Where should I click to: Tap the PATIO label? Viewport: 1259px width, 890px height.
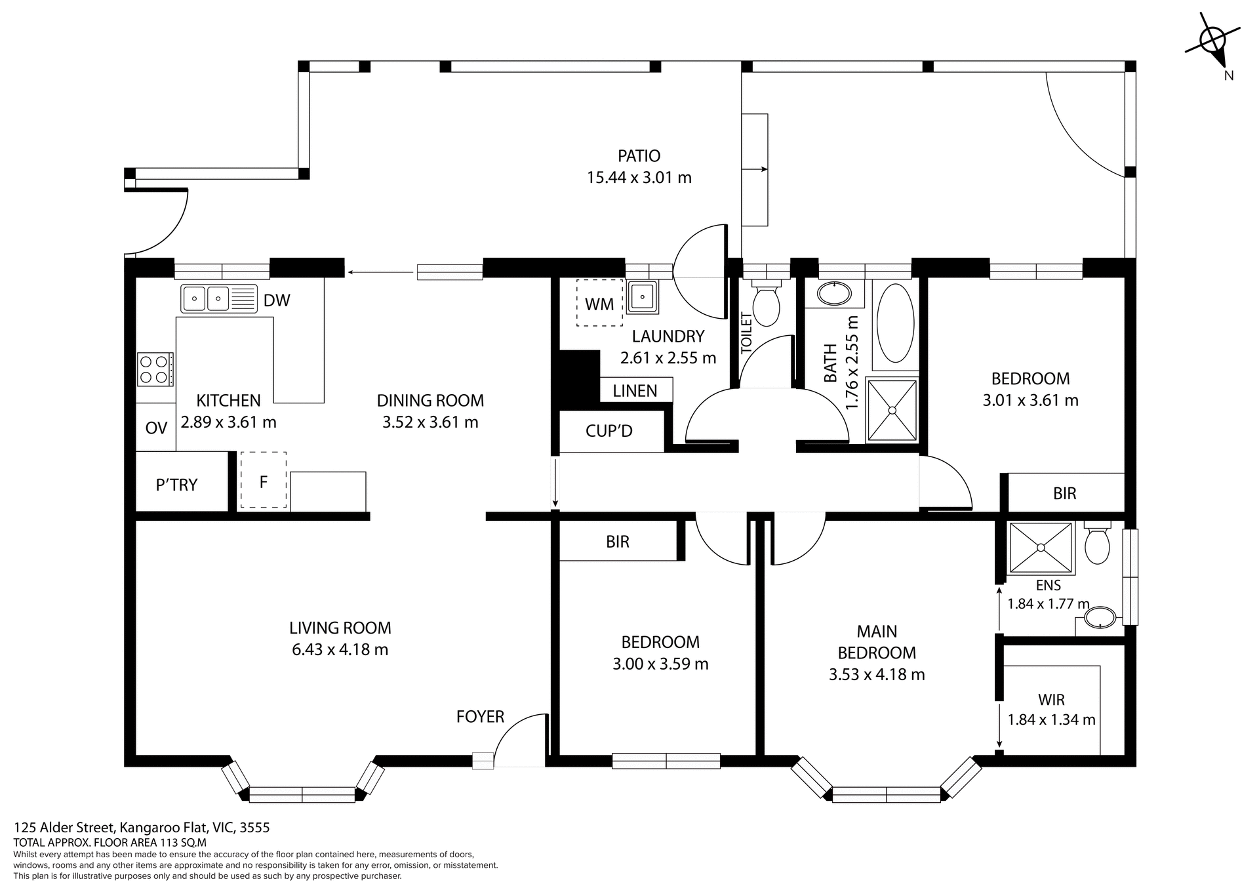tap(639, 156)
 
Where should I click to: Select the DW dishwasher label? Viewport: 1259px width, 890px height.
tap(277, 300)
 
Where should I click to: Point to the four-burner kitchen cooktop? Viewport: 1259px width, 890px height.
tap(155, 369)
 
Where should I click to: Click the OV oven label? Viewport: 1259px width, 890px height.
tap(156, 428)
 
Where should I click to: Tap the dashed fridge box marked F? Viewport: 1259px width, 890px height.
tap(264, 480)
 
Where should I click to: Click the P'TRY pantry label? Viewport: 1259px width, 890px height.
tap(176, 485)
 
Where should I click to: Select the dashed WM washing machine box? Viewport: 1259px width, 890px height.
tap(599, 303)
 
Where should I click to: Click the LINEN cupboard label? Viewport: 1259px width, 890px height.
tap(635, 391)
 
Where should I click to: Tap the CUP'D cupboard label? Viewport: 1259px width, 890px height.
tap(609, 431)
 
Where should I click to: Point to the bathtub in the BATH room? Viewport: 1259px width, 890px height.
tap(895, 323)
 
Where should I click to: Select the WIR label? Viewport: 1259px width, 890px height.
tap(1051, 700)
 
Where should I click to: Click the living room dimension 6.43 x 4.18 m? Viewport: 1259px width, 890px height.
tap(340, 650)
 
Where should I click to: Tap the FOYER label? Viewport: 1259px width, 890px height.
tap(480, 717)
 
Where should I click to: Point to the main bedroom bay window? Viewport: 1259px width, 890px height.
tap(886, 794)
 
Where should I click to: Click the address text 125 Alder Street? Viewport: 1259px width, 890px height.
tap(65, 828)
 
